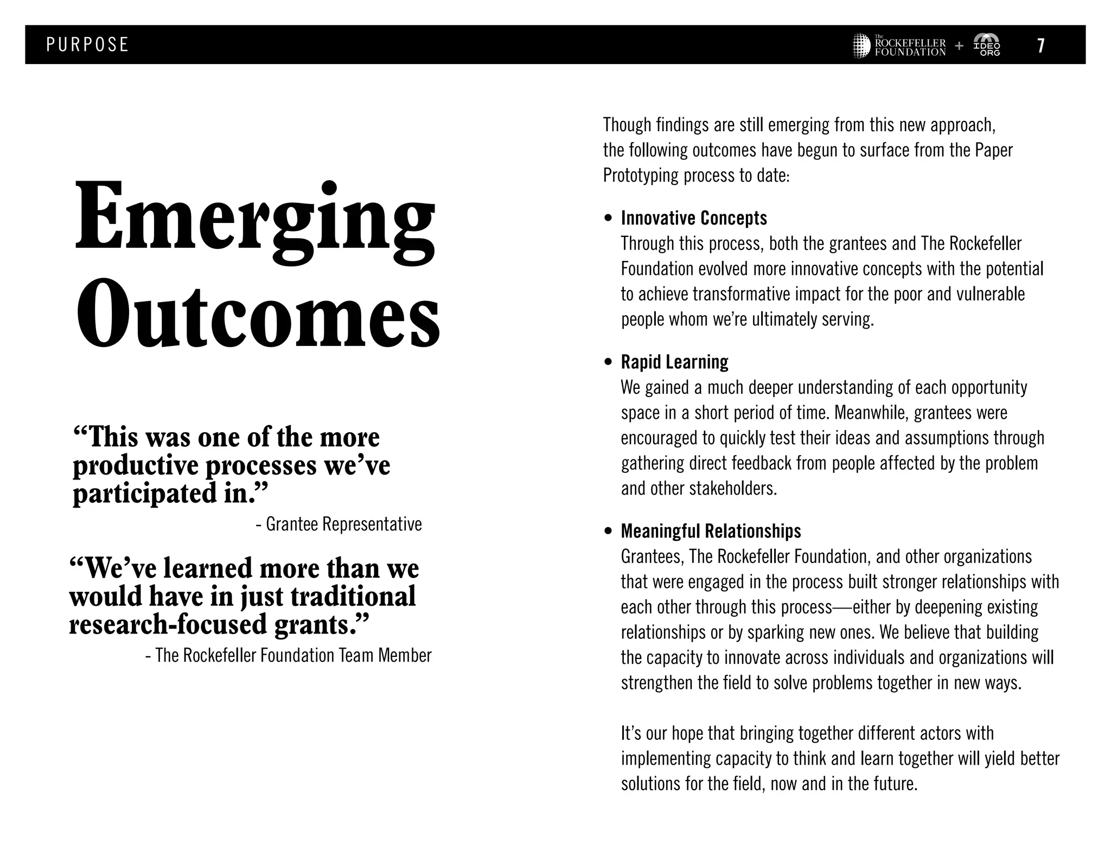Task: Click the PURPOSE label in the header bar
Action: (87, 44)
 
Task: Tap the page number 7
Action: (1040, 45)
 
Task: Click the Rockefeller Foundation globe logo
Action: (861, 46)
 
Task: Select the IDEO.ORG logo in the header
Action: (987, 45)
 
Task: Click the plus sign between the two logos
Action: (959, 46)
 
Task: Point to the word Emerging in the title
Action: (255, 222)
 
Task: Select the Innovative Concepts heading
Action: (694, 218)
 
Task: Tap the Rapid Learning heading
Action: (674, 362)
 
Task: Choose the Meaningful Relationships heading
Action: (711, 531)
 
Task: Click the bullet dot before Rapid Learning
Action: (608, 362)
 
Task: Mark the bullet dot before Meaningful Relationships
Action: (608, 532)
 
